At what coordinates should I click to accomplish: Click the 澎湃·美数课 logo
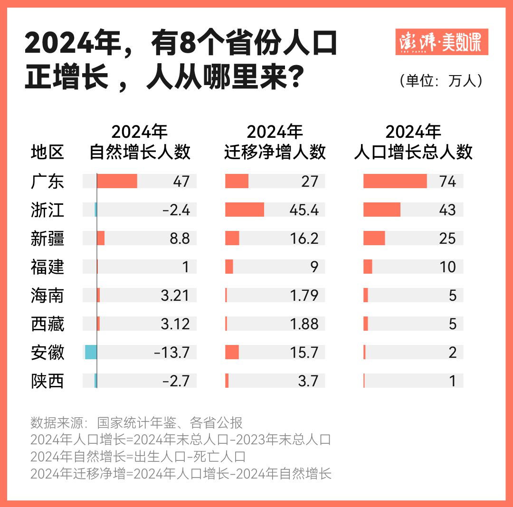[x=441, y=42]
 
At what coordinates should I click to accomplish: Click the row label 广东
[x=47, y=182]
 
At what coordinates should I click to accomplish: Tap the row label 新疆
[x=47, y=239]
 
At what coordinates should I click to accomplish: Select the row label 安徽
[x=47, y=353]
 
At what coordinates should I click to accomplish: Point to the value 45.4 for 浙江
[x=304, y=210]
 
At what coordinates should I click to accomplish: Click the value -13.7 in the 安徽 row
[x=171, y=353]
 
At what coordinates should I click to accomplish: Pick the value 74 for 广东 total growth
[x=447, y=182]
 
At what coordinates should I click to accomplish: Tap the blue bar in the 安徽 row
[x=91, y=353]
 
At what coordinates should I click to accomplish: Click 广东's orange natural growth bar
[x=117, y=182]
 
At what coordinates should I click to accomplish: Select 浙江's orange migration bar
[x=245, y=210]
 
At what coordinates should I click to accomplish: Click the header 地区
[x=47, y=153]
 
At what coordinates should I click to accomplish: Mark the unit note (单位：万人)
[x=441, y=80]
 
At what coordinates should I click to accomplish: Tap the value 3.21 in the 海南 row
[x=175, y=296]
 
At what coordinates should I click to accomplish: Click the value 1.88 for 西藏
[x=304, y=324]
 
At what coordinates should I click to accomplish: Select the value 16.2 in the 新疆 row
[x=304, y=239]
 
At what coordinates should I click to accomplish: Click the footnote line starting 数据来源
[x=137, y=422]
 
